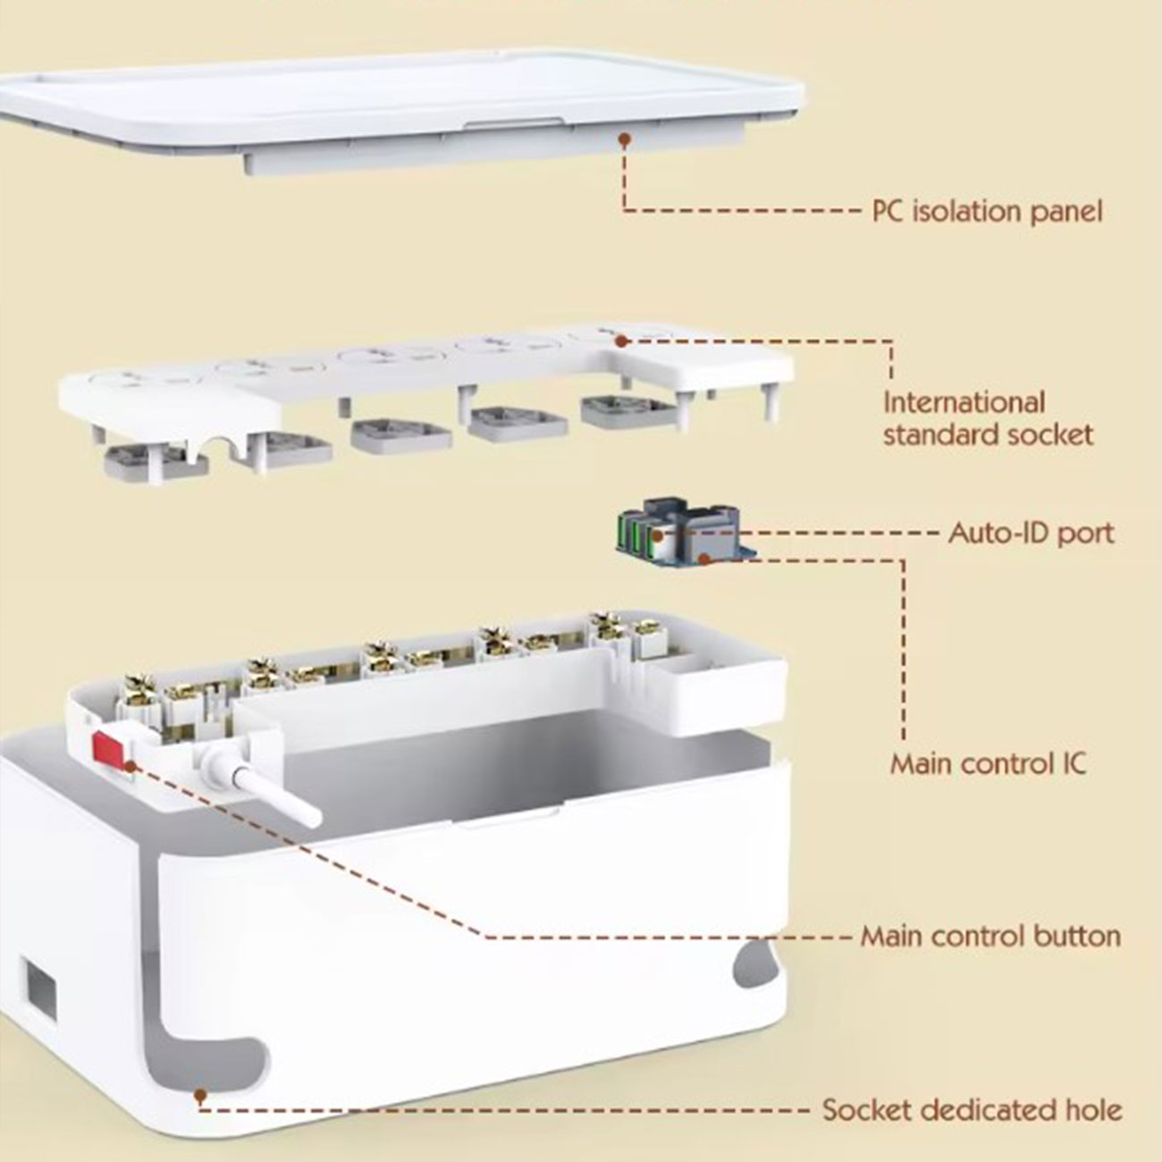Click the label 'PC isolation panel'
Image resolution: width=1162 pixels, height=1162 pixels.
[x=987, y=211]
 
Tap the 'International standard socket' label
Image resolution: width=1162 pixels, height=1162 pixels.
[x=987, y=418]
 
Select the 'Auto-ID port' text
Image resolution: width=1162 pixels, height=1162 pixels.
[x=1031, y=534]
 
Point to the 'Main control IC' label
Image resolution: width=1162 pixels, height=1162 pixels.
[x=988, y=764]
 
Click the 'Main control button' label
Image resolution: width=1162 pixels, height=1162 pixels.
[x=989, y=936]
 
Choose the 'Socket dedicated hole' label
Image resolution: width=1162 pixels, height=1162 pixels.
[x=972, y=1110]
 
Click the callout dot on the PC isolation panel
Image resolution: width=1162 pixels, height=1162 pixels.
[x=625, y=139]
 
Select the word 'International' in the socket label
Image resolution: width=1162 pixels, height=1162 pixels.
[x=964, y=402]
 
